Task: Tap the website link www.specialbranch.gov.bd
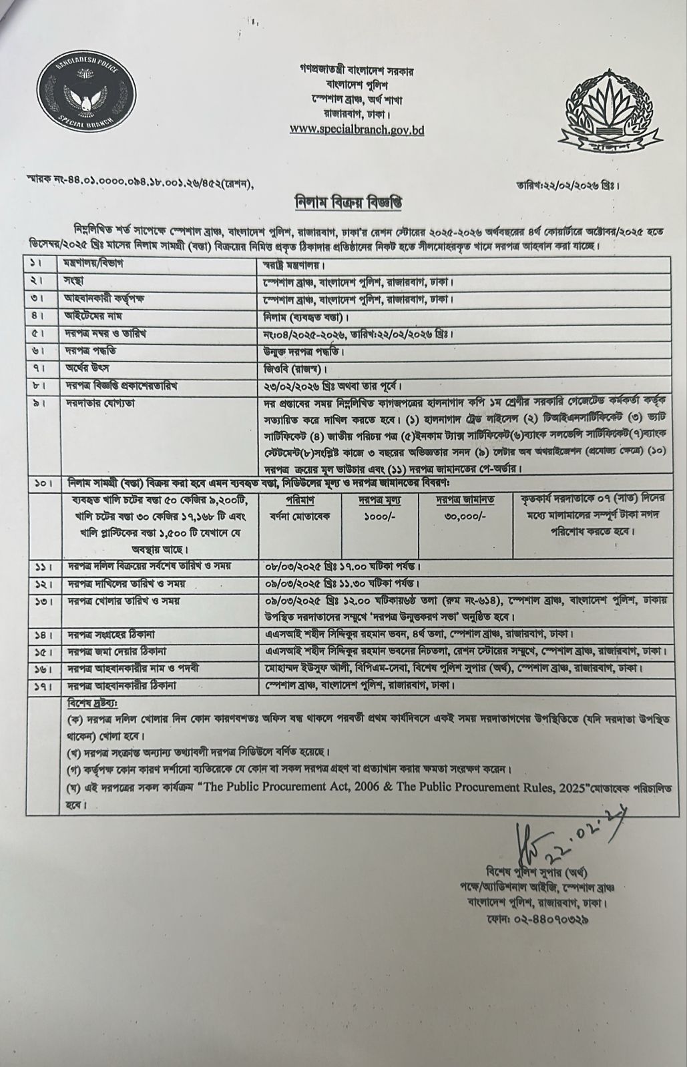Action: tap(357, 131)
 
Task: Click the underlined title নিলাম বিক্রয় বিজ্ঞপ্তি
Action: tap(344, 203)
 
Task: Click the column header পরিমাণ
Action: tap(304, 498)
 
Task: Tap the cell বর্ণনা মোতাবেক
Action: tap(304, 516)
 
